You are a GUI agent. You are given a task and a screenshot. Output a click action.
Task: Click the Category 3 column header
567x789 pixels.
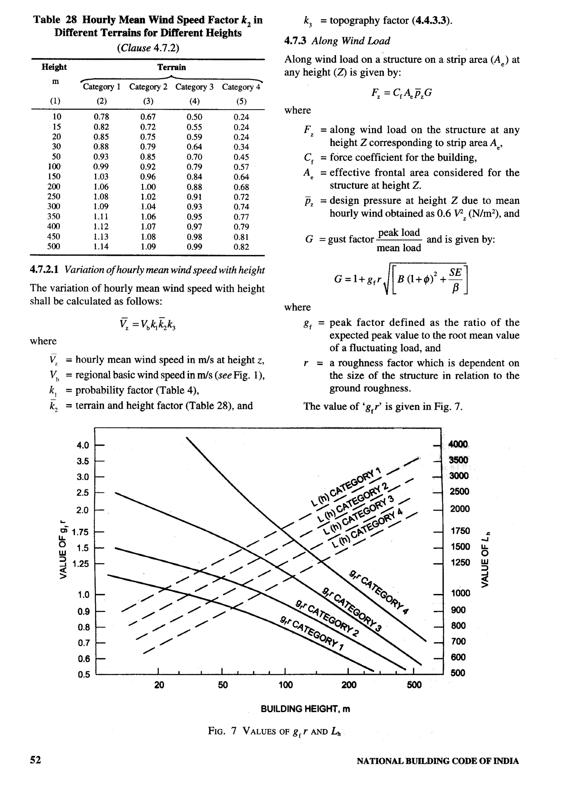pyautogui.click(x=194, y=87)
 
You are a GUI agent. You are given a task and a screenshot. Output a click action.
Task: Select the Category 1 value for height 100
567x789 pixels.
pyautogui.click(x=101, y=167)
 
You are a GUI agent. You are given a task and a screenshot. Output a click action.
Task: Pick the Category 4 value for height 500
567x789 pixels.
pyautogui.click(x=241, y=247)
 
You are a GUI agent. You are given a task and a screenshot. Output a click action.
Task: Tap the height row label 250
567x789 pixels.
pyautogui.click(x=54, y=197)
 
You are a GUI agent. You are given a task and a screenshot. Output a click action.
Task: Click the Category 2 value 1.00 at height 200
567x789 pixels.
pyautogui.click(x=148, y=187)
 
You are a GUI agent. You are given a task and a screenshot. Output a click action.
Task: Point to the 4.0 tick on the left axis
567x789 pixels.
pyautogui.click(x=83, y=445)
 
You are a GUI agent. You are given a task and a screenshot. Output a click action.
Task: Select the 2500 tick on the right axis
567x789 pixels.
pyautogui.click(x=459, y=491)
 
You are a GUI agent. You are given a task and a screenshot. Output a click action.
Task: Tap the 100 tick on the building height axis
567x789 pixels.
pyautogui.click(x=286, y=685)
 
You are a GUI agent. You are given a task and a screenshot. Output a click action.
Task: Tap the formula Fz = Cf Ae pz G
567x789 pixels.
pyautogui.click(x=401, y=93)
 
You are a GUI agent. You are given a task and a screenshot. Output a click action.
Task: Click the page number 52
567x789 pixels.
pyautogui.click(x=35, y=770)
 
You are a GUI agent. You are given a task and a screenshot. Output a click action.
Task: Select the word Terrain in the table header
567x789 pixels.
pyautogui.click(x=171, y=67)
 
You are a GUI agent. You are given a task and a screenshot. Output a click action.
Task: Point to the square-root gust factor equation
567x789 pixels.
pyautogui.click(x=401, y=279)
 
